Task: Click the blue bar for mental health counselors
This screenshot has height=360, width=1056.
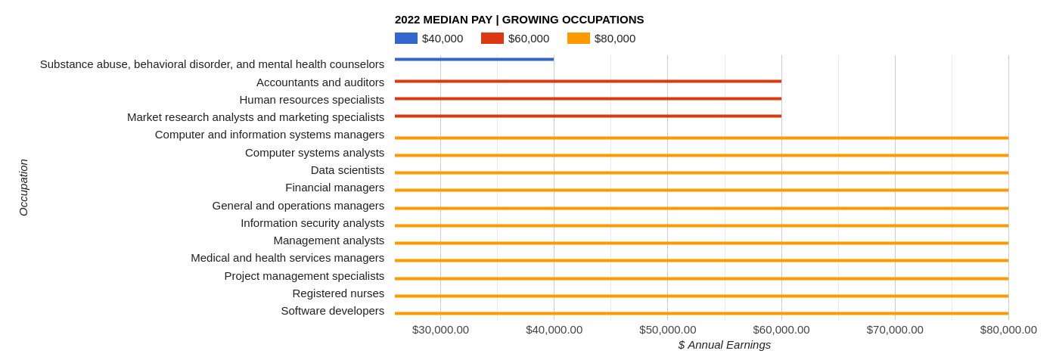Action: (474, 59)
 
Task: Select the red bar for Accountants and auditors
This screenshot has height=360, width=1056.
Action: (588, 81)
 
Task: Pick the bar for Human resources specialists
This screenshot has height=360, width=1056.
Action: (588, 98)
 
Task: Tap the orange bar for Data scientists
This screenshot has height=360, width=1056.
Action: (701, 172)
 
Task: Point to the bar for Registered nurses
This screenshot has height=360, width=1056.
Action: (701, 296)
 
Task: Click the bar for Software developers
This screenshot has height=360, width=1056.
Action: (701, 313)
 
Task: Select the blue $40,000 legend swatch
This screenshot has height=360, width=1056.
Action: (405, 39)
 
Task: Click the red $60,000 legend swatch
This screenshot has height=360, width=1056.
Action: (492, 39)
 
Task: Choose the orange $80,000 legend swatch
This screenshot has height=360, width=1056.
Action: (578, 39)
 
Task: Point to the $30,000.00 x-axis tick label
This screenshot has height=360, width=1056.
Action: (440, 330)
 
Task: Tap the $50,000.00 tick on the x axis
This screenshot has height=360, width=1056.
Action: (667, 330)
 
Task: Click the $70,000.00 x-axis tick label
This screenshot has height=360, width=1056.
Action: (895, 330)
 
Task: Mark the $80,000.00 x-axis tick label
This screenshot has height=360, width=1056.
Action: (1008, 330)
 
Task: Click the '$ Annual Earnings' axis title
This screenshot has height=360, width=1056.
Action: (724, 345)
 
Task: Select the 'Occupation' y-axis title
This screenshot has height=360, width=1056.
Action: (23, 188)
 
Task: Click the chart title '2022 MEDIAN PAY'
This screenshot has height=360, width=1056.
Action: (519, 20)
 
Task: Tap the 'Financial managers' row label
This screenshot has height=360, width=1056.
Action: (334, 188)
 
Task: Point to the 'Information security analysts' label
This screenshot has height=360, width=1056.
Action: (312, 223)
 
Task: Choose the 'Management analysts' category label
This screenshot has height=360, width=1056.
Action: (328, 241)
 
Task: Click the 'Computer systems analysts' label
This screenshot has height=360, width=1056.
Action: (315, 153)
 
